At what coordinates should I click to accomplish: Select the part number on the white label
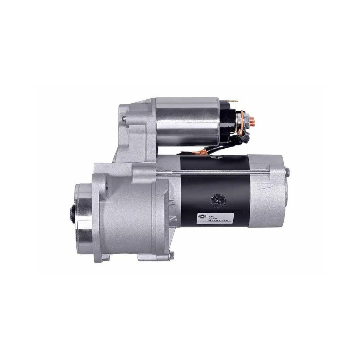click(x=220, y=220)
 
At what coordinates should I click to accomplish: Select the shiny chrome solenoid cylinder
click(x=187, y=121)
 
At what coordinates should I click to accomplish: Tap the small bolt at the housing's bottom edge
click(x=171, y=255)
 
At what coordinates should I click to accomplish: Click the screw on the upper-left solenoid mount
click(x=124, y=118)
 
